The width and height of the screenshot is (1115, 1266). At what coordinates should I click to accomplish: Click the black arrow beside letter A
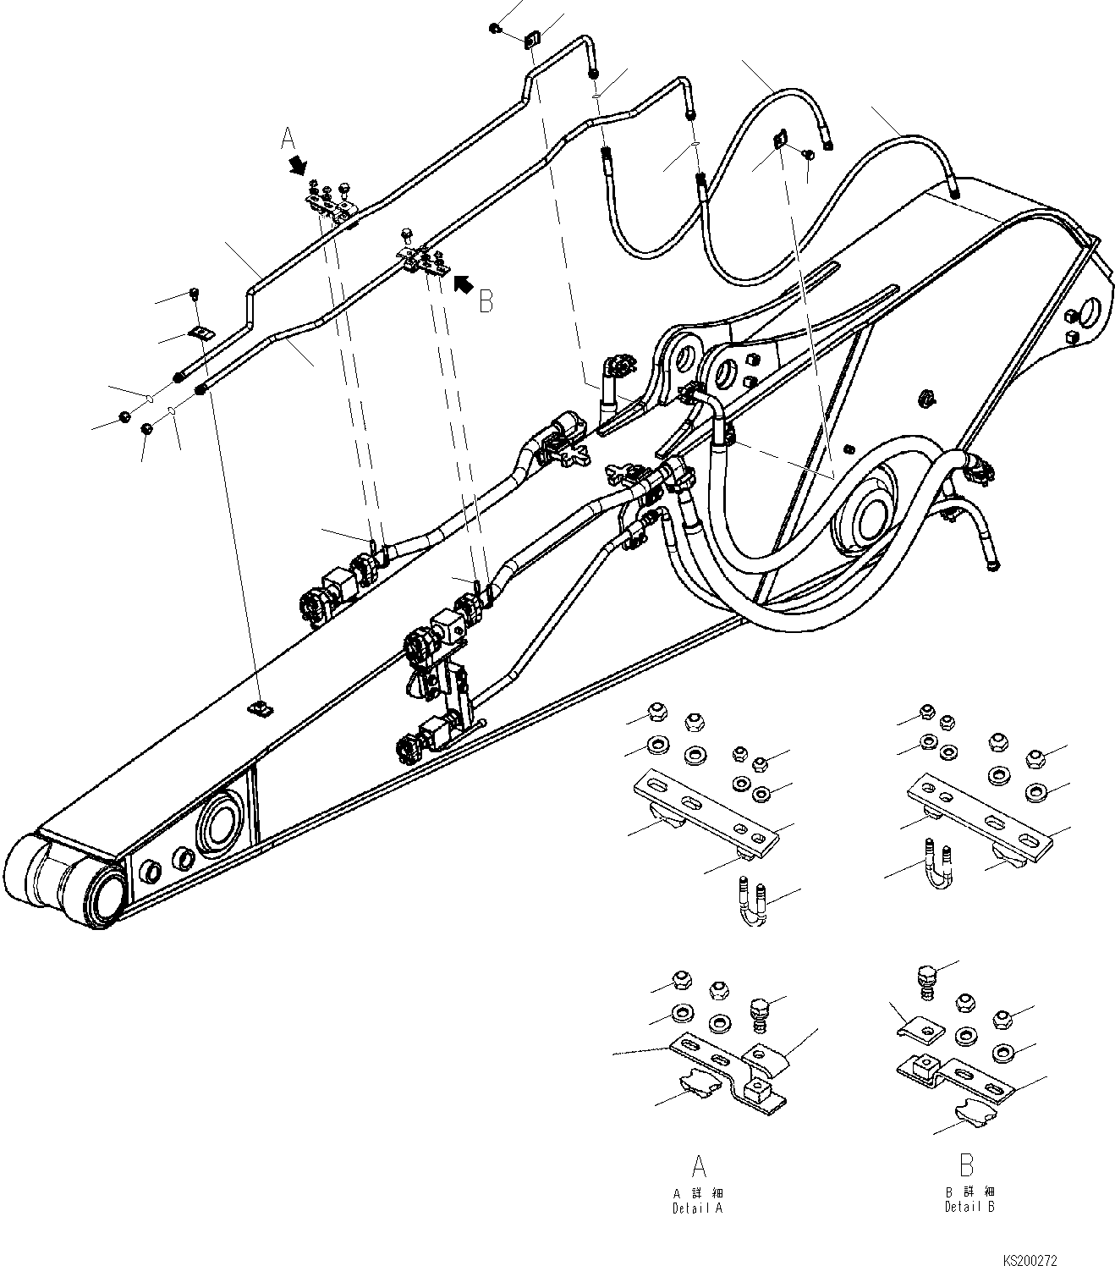297,164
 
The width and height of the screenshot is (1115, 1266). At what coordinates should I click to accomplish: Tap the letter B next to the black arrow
486,302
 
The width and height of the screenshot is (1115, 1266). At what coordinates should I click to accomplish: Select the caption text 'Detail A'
697,1208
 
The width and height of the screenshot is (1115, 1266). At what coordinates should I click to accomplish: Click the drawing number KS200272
1030,1259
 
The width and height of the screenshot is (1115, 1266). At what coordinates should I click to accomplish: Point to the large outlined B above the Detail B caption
966,1165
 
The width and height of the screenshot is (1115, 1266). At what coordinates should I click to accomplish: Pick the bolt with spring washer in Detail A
760,1013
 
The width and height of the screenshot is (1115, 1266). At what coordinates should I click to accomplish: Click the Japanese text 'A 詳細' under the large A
697,1193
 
